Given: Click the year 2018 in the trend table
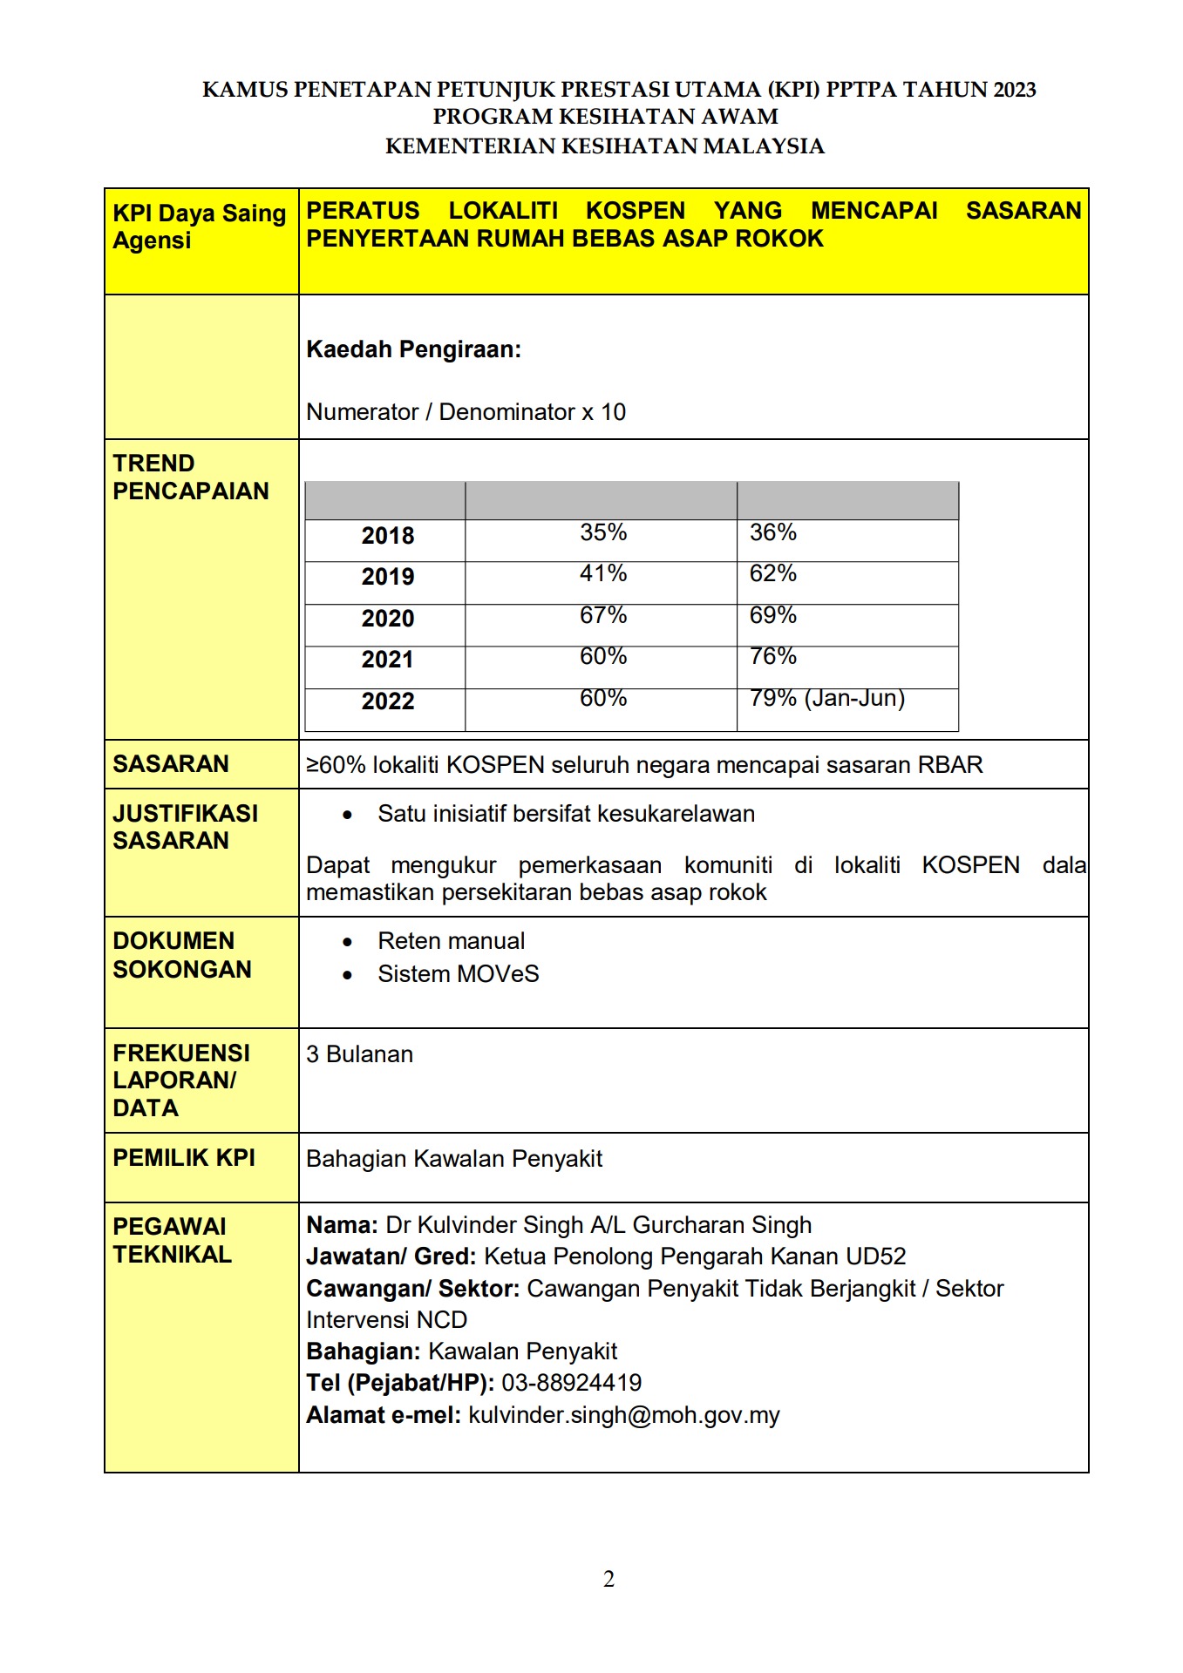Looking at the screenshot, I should point(388,536).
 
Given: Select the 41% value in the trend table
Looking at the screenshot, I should point(603,574).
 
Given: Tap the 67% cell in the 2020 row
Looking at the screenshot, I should point(603,616).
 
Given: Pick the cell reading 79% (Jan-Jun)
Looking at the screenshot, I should point(826,699).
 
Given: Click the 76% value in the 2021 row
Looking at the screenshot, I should point(773,657).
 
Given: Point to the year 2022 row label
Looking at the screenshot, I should point(388,701).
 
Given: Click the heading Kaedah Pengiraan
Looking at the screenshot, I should point(413,350).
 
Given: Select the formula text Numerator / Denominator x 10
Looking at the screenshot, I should point(466,412).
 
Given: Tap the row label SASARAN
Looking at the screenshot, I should point(171,764).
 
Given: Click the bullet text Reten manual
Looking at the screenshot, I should point(451,941).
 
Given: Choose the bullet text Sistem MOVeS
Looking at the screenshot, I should point(458,974).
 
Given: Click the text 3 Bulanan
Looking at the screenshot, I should point(359,1054).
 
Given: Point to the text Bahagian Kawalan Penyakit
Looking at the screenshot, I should point(454,1159).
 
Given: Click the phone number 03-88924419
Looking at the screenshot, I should point(571,1383).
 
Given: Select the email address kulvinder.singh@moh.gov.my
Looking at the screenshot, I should point(623,1415).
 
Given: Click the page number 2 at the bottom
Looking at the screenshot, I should point(608,1579).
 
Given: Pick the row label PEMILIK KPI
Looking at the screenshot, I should point(184,1158).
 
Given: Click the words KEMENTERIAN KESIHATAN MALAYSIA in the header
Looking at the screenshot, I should point(604,146).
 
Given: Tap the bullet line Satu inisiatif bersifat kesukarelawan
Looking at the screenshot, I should point(566,814).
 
